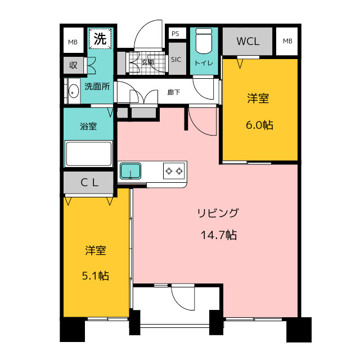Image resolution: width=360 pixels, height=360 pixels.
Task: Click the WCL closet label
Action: (247, 41)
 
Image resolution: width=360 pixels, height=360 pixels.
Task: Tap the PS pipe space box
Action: (175, 34)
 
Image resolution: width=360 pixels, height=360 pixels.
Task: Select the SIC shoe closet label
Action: (176, 60)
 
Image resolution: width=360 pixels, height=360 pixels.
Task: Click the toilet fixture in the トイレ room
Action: (204, 41)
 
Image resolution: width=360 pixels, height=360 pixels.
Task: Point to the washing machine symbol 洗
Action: (100, 39)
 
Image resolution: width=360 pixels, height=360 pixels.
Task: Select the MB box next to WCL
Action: (287, 41)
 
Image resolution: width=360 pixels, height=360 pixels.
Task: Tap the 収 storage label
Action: (73, 66)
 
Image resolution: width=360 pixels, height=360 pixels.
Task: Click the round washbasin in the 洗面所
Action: (74, 91)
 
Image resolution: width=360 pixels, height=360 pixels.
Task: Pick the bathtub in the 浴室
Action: (89, 154)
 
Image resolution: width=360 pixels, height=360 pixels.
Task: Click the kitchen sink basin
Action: (130, 171)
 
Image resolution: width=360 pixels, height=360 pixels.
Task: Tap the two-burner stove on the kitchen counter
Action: (174, 171)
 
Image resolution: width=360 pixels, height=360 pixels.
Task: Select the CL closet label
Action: (89, 183)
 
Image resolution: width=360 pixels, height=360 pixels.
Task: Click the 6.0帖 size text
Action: (260, 125)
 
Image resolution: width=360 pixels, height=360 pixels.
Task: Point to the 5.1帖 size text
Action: (96, 276)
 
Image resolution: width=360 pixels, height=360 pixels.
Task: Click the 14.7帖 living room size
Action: (219, 235)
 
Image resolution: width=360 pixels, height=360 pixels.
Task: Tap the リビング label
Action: (218, 213)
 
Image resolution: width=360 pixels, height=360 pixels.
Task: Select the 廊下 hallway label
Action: (174, 92)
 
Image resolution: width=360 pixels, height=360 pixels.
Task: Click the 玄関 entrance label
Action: (147, 62)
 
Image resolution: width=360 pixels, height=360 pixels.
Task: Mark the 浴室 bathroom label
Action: (88, 126)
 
